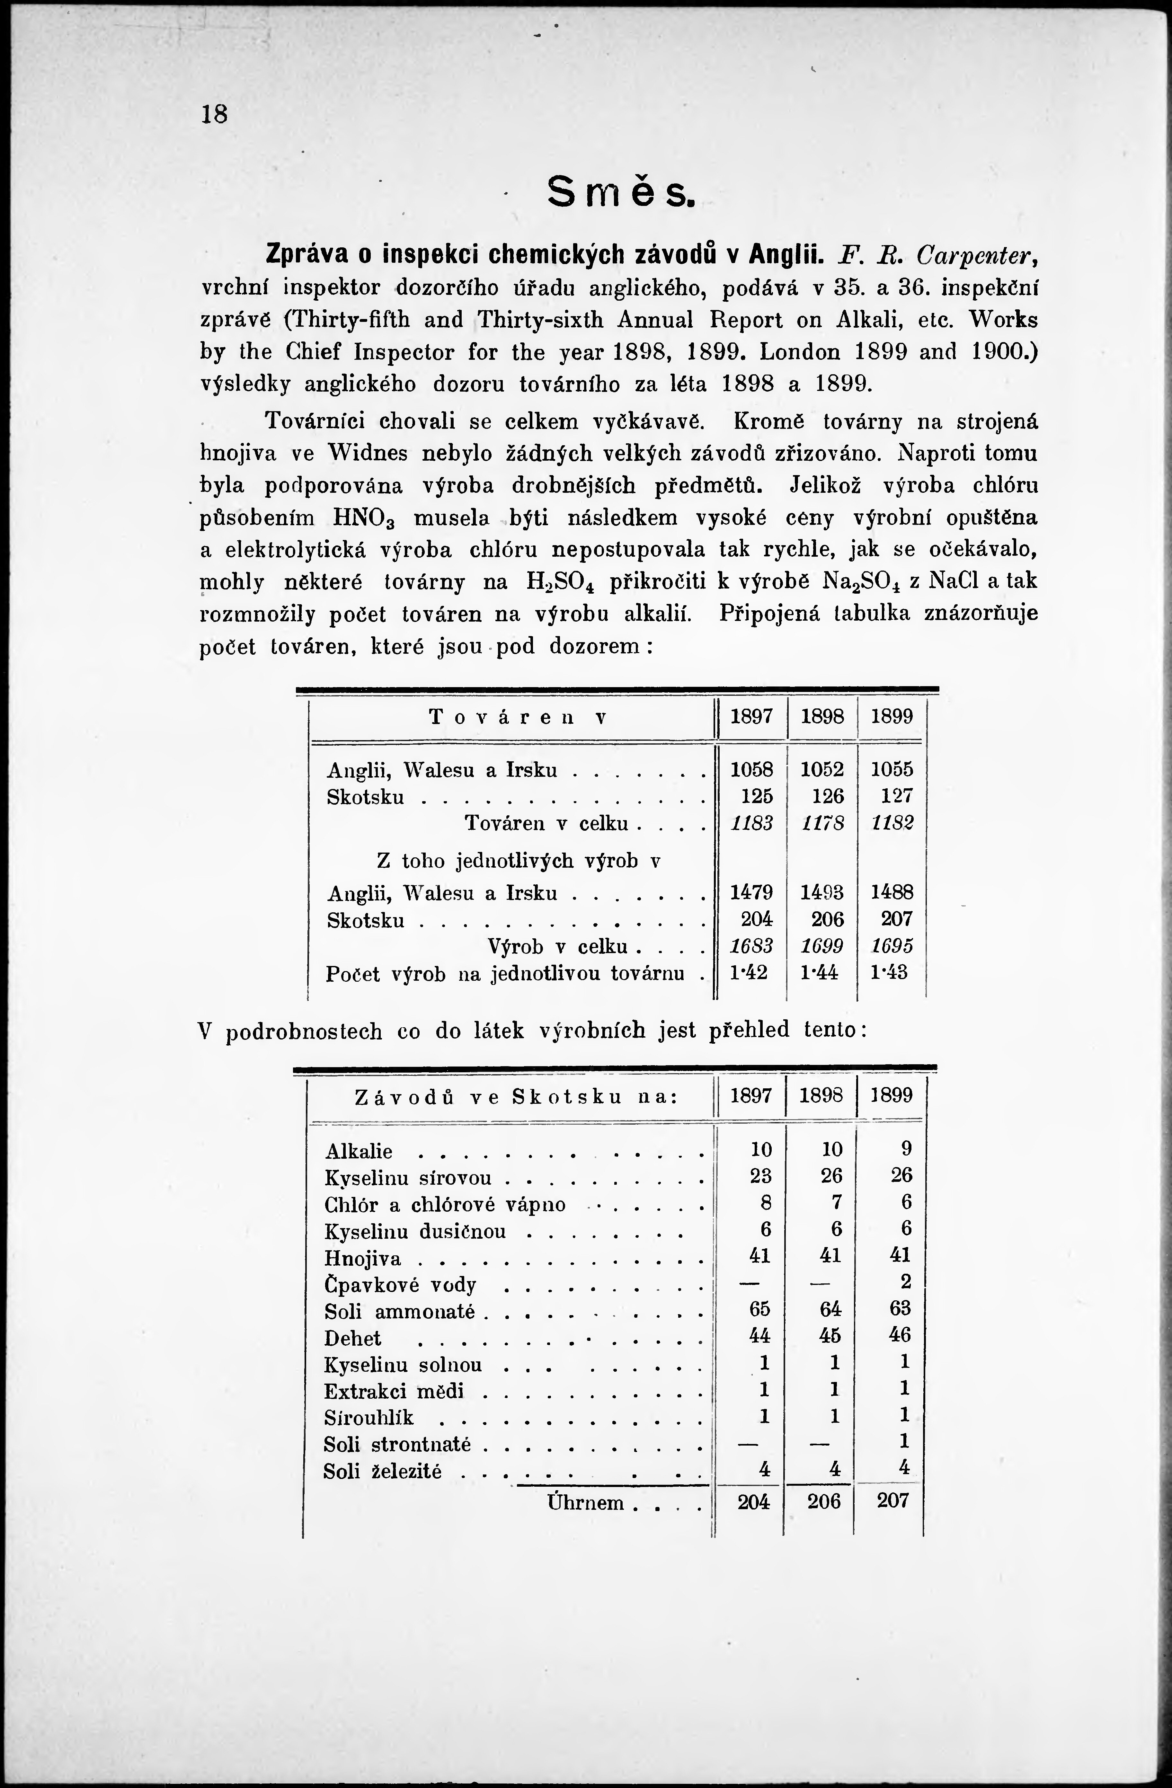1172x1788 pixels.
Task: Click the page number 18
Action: point(214,114)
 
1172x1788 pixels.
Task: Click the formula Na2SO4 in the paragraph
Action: point(863,582)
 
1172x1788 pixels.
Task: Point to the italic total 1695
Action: point(892,946)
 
